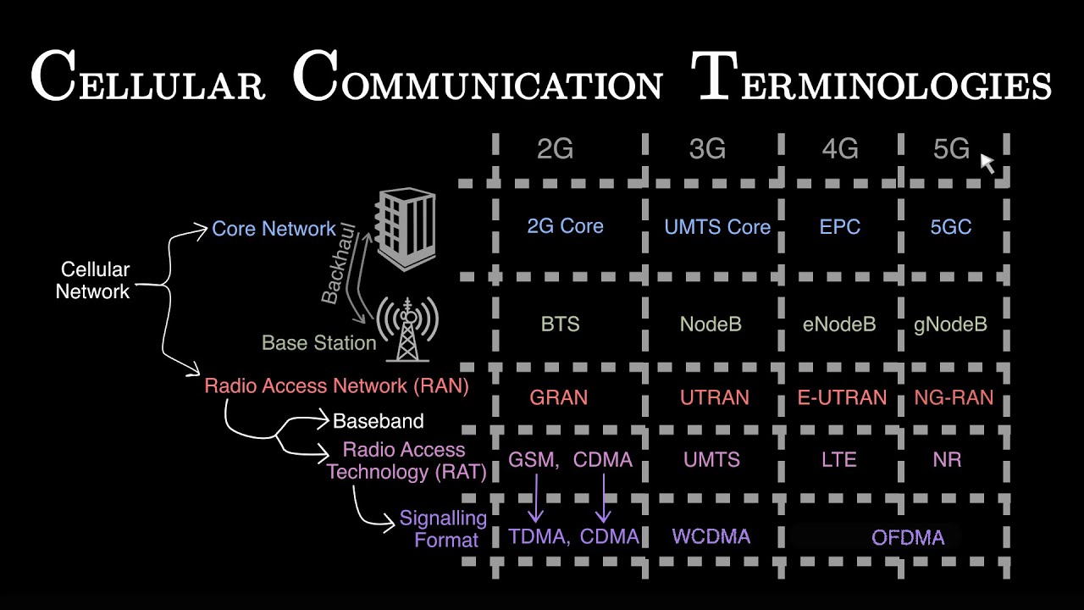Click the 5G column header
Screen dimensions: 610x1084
[951, 149]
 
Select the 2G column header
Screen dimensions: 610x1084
[555, 149]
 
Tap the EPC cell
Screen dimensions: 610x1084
[840, 227]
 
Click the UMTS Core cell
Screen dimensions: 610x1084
[717, 227]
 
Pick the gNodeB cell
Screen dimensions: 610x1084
[950, 324]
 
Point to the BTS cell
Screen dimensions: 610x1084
[560, 324]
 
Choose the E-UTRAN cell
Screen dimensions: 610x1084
[842, 397]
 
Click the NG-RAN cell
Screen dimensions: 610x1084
[954, 397]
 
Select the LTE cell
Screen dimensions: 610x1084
[839, 460]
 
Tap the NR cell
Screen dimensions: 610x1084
[946, 460]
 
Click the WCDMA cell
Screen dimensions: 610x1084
[711, 536]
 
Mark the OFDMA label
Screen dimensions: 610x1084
[908, 537]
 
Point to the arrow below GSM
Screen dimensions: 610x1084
[536, 499]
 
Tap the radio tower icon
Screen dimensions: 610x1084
[408, 328]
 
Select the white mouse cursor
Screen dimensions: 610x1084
[987, 163]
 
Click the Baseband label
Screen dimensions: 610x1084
[378, 421]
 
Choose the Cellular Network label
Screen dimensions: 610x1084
[93, 280]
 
